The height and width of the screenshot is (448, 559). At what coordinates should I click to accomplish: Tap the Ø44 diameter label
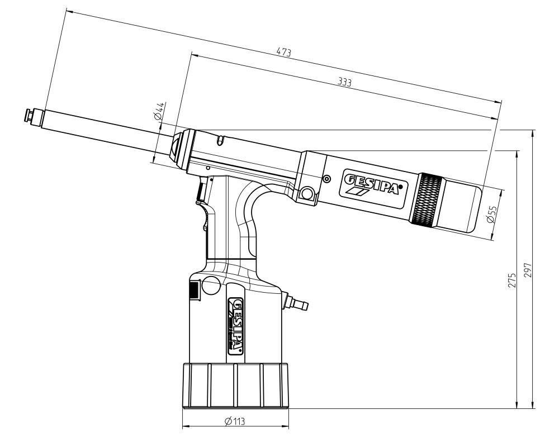pos(159,112)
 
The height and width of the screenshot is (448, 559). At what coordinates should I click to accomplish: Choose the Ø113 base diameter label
pos(235,421)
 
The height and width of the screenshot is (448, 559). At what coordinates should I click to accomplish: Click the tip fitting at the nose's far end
pos(29,116)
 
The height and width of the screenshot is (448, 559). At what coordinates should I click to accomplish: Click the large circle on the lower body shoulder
pos(210,285)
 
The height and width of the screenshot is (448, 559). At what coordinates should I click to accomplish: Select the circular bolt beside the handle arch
pos(306,194)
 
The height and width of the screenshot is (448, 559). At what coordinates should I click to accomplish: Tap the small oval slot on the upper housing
pos(221,139)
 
